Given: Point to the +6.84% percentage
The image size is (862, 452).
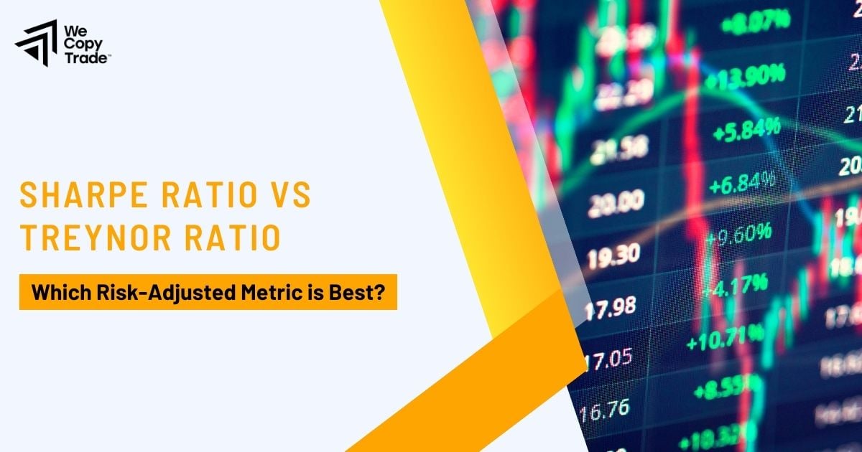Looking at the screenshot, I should [744, 184].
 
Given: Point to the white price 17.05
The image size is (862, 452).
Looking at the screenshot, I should [608, 357].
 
